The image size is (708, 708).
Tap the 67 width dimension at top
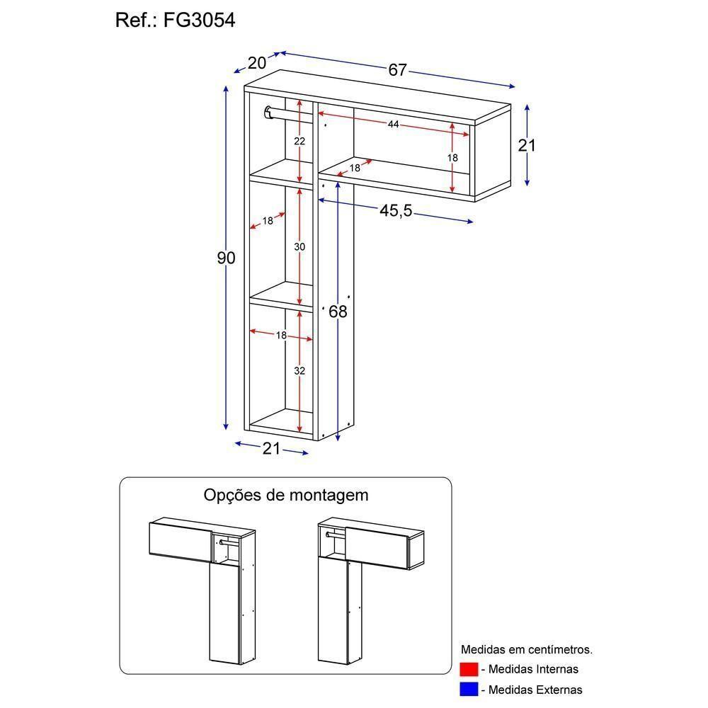[x=397, y=70]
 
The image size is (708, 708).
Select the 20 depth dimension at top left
[x=257, y=63]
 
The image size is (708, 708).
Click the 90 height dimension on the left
[x=226, y=258]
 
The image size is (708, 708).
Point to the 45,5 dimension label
[x=396, y=211]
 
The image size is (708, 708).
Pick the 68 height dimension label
[x=338, y=312]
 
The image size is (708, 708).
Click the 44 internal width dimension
[x=393, y=125]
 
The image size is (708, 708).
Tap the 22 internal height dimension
[x=299, y=141]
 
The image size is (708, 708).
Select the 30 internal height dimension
[x=299, y=246]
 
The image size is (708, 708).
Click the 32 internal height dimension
[x=299, y=370]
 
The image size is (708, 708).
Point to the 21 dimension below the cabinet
[x=272, y=448]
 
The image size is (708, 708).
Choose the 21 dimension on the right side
[x=527, y=145]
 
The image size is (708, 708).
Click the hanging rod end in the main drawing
[x=268, y=112]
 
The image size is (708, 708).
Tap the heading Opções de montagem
[x=286, y=494]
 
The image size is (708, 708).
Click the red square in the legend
[x=469, y=669]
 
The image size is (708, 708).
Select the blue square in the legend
[x=469, y=689]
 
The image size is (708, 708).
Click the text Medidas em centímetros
[x=527, y=649]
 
